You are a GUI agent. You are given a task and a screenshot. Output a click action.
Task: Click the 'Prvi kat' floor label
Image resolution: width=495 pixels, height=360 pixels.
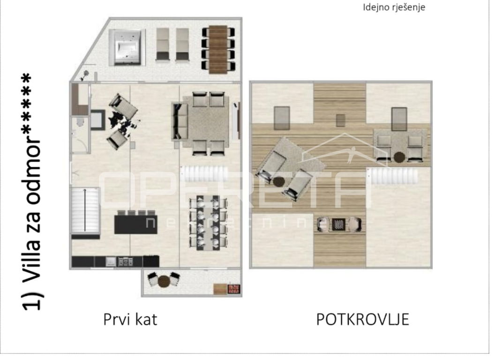click(130, 319)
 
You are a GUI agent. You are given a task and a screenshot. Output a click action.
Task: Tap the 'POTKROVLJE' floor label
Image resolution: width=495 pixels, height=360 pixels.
click(362, 319)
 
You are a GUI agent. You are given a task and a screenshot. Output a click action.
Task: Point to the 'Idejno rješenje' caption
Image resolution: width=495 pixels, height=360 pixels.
click(394, 7)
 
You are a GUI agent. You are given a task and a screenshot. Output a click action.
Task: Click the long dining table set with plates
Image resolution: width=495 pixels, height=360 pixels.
click(208, 223)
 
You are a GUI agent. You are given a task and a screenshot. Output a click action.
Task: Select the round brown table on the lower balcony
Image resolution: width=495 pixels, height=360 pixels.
click(164, 281)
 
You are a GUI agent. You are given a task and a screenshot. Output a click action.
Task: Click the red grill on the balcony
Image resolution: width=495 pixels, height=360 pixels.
click(234, 289)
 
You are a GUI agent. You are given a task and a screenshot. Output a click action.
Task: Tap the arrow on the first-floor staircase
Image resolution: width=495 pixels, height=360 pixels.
click(84, 210)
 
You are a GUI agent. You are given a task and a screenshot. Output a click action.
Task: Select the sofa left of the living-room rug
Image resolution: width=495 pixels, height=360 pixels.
click(180, 121)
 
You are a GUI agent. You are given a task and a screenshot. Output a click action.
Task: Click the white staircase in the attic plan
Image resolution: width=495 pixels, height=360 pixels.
click(394, 176)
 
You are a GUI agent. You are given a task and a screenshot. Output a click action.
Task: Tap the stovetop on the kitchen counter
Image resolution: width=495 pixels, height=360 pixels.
click(125, 262)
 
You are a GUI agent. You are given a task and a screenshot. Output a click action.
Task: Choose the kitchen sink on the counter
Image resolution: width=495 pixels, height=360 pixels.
click(111, 262)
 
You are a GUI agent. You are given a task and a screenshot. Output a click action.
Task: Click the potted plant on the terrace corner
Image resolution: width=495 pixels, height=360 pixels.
click(85, 75)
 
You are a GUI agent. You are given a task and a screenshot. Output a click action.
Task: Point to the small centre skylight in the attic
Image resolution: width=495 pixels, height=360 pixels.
click(340, 120)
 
